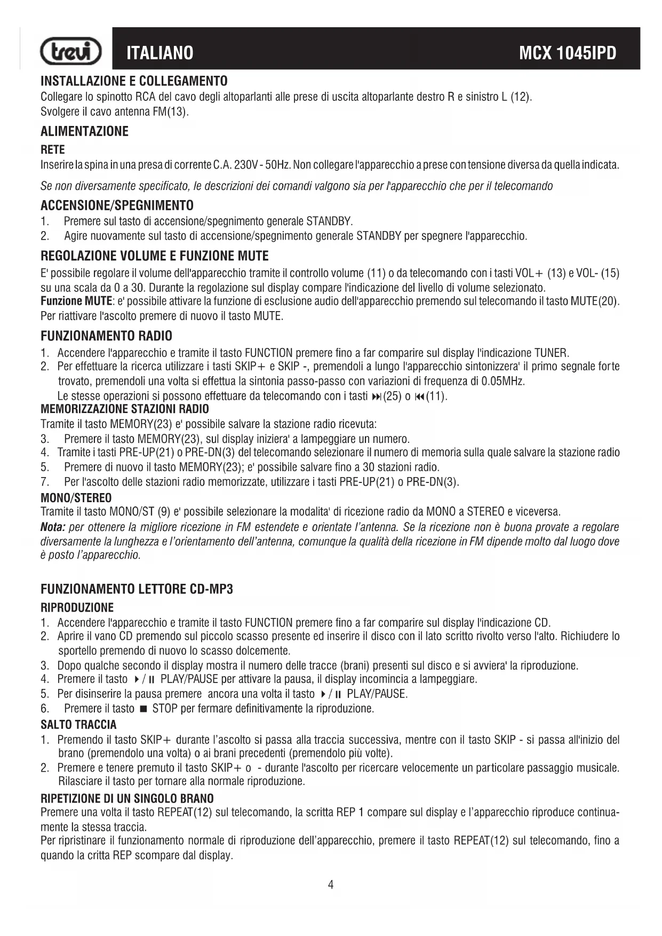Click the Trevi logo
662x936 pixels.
click(71, 52)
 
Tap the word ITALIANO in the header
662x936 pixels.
click(160, 53)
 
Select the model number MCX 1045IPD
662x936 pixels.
click(568, 53)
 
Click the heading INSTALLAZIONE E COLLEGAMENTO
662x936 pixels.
click(134, 81)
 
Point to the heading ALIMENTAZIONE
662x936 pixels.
click(85, 131)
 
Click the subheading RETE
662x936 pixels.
click(53, 149)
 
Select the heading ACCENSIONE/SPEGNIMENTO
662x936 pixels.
click(117, 205)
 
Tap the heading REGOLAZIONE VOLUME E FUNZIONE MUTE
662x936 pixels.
click(155, 256)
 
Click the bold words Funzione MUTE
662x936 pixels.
click(76, 301)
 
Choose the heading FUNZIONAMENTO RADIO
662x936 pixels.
click(107, 336)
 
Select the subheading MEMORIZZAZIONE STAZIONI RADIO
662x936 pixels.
click(125, 409)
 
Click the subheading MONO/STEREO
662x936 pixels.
click(76, 498)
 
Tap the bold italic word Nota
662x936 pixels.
click(52, 527)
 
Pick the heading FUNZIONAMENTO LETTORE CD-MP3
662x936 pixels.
click(137, 589)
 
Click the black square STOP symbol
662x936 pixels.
click(143, 709)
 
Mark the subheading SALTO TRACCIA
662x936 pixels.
click(78, 725)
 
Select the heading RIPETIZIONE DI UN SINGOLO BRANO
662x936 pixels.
click(127, 798)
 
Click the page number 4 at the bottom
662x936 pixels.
click(331, 885)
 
